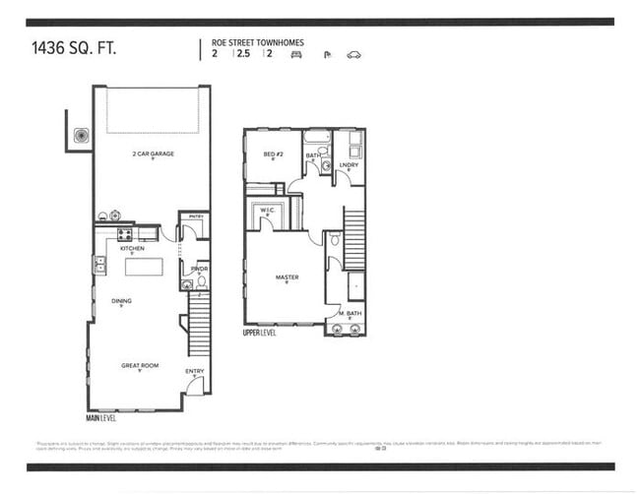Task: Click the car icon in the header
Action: click(354, 55)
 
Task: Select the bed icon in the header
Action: click(294, 55)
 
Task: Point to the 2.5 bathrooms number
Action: click(242, 54)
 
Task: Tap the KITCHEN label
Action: click(132, 249)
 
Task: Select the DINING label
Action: click(122, 301)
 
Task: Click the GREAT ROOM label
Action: click(140, 366)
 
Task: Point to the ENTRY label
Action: click(195, 371)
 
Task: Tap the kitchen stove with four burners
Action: click(125, 234)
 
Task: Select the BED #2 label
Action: click(273, 154)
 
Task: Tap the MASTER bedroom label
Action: click(287, 277)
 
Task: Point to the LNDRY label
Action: click(348, 164)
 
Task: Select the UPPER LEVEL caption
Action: click(260, 333)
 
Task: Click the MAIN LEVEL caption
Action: click(101, 417)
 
